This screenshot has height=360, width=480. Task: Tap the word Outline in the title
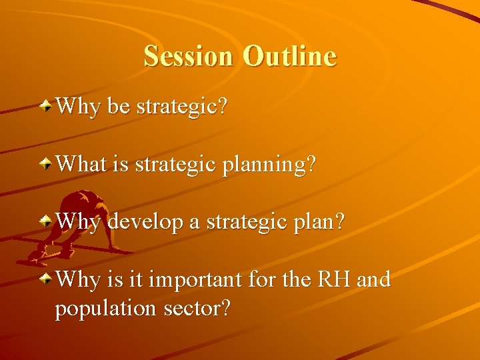point(290,56)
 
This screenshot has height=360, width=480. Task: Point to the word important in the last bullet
point(198,280)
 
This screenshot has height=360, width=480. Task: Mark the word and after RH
point(373,279)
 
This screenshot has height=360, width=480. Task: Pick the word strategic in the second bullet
point(173,165)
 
